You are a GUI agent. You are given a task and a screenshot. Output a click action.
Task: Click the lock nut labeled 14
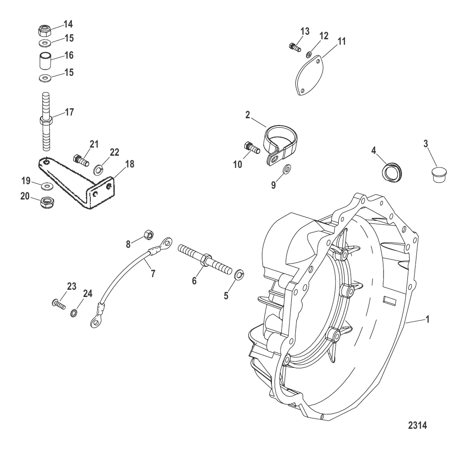click(45, 30)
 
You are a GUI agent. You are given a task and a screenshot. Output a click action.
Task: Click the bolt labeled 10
click(252, 148)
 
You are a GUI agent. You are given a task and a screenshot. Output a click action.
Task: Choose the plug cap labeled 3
click(439, 175)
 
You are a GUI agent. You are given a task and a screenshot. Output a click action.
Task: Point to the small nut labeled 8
click(148, 235)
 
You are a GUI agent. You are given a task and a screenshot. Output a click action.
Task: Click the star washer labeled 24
click(74, 313)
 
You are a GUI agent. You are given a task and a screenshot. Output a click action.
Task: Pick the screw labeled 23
click(58, 305)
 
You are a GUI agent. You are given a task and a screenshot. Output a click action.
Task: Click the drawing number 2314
click(417, 426)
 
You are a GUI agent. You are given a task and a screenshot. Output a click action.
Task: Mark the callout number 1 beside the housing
click(427, 320)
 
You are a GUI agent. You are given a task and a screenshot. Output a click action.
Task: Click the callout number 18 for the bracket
click(130, 164)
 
